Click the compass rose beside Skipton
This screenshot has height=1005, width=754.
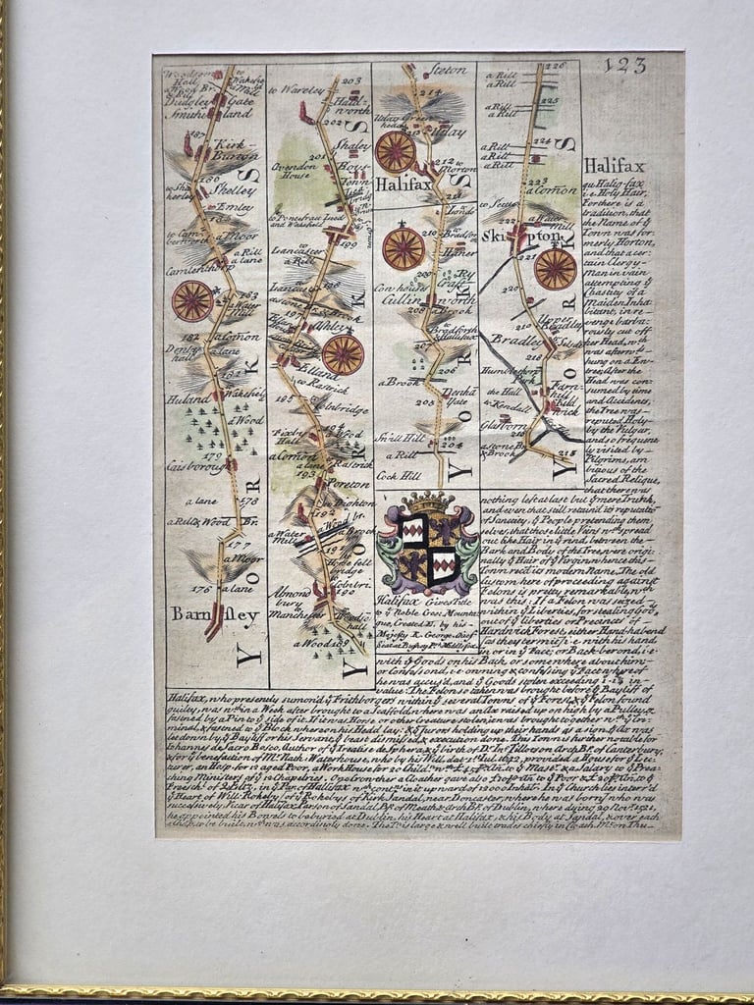coord(555,269)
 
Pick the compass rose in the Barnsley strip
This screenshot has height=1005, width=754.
coord(191,301)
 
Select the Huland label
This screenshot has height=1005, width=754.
coord(184,398)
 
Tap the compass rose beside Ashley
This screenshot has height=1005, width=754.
coord(343,354)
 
